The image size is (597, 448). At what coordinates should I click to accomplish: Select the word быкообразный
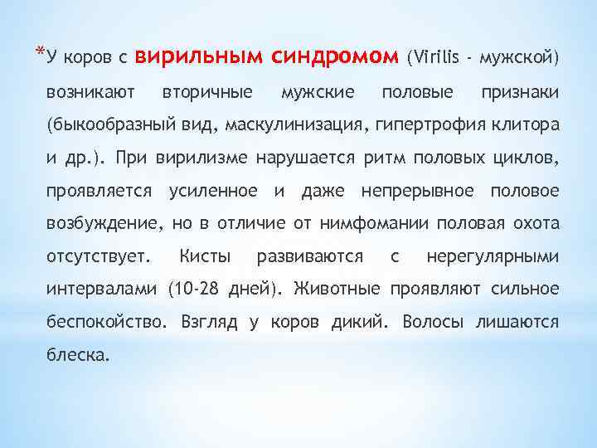pos(105,124)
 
